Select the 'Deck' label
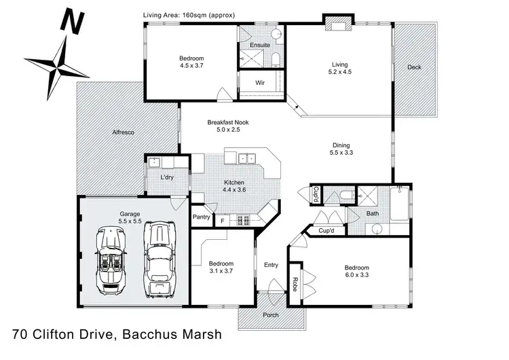[x=414, y=67]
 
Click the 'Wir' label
[x=260, y=82]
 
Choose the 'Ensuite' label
[x=260, y=45]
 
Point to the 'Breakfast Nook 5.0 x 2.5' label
[x=227, y=127]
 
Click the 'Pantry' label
[x=201, y=217]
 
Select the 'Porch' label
[x=271, y=314]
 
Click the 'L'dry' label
[x=168, y=177]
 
